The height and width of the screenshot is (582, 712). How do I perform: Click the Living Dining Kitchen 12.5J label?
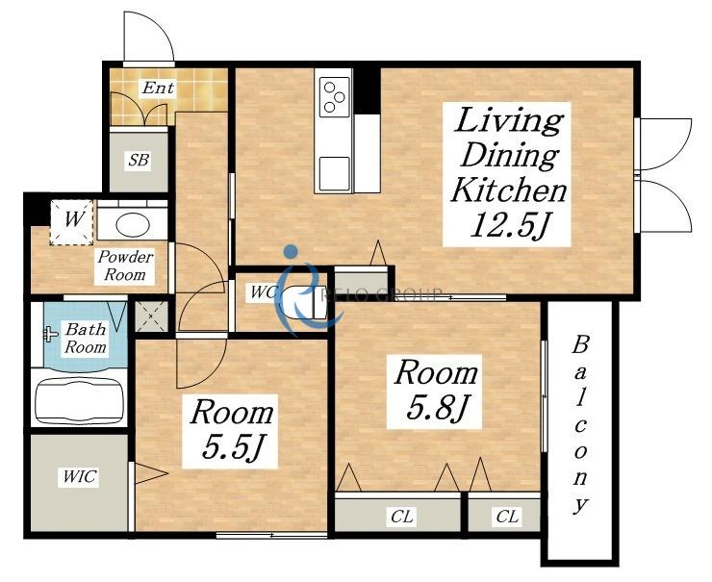[x=507, y=173]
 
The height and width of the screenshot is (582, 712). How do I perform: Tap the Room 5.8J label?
[x=436, y=391]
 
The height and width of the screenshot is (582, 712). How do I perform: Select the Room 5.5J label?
[x=232, y=430]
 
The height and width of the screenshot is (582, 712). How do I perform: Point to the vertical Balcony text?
[x=580, y=424]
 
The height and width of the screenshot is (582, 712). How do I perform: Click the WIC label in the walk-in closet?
[x=80, y=477]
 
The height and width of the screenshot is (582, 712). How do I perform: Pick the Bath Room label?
[x=86, y=338]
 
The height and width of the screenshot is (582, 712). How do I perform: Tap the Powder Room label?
[x=125, y=266]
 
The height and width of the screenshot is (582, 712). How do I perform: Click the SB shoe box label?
[x=139, y=160]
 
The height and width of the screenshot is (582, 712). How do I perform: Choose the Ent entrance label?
[x=158, y=88]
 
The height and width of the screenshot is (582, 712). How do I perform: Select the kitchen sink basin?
[x=335, y=173]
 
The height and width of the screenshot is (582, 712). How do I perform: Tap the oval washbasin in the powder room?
[x=133, y=224]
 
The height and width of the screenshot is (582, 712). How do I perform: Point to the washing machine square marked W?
[x=72, y=222]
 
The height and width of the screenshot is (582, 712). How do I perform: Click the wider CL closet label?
[x=401, y=517]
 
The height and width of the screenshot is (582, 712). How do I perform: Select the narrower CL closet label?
[x=507, y=517]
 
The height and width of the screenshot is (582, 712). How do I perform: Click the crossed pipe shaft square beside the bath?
[x=152, y=316]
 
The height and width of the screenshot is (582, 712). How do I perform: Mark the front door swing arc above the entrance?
[x=162, y=28]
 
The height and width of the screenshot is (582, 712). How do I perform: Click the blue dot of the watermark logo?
[x=291, y=251]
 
